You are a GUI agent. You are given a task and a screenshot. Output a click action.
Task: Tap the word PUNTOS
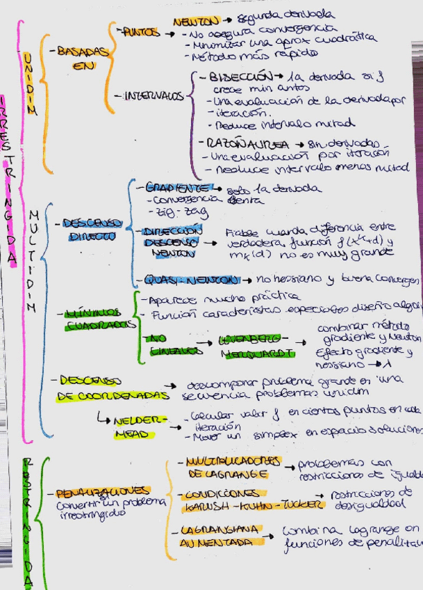[141, 31]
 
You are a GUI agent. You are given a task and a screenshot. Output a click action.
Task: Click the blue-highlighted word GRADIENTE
[178, 188]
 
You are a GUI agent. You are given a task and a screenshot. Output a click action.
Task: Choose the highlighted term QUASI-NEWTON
[190, 280]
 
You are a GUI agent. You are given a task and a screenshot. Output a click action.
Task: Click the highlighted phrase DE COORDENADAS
[114, 395]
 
